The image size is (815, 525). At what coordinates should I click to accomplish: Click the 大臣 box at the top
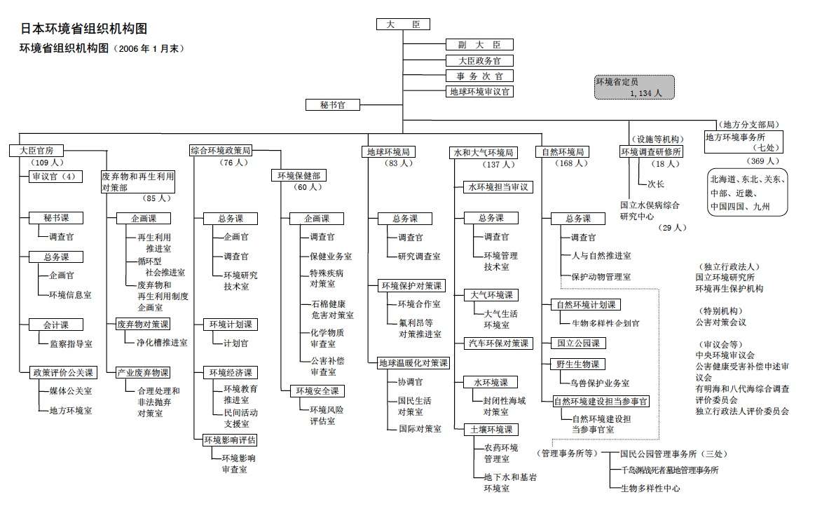tap(403, 25)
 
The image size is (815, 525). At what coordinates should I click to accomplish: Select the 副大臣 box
tap(479, 44)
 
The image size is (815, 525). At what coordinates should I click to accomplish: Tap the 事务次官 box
tap(479, 76)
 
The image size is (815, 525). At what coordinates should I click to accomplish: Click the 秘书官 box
tap(333, 104)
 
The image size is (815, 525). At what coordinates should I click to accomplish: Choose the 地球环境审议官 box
tap(479, 91)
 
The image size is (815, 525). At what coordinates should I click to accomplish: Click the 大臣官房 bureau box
tap(37, 150)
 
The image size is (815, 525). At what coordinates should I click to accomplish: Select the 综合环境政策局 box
tap(221, 150)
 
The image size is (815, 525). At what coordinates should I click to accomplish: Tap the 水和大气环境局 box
tap(484, 152)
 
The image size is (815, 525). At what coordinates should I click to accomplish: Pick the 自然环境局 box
tap(563, 151)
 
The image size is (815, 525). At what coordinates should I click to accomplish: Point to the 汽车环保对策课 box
tap(498, 343)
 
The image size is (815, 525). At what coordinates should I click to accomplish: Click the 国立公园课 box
tap(577, 343)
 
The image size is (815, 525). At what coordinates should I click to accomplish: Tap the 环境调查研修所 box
tap(651, 151)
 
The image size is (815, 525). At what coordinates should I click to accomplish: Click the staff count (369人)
tap(760, 161)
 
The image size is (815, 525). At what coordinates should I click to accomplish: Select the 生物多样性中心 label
tap(650, 488)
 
